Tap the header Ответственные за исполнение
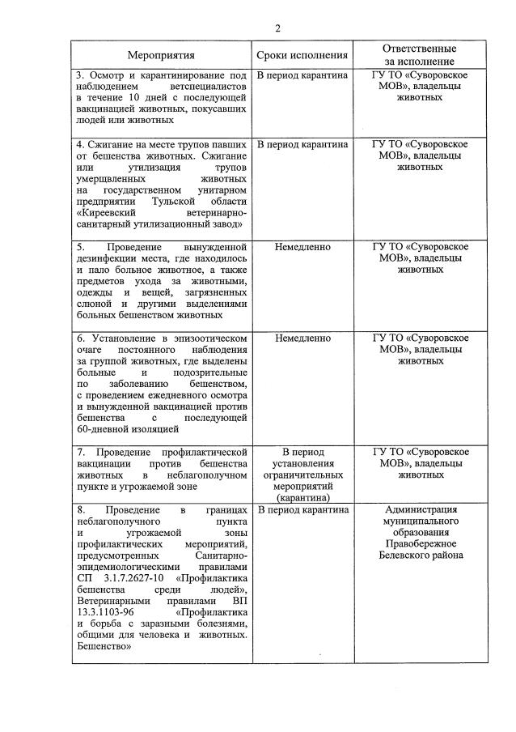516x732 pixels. tap(419, 55)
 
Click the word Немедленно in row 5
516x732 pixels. tap(302, 246)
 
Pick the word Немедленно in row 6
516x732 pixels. tap(302, 337)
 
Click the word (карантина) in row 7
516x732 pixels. tap(302, 498)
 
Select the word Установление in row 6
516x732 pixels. tap(122, 338)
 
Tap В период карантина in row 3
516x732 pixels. tap(302, 74)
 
